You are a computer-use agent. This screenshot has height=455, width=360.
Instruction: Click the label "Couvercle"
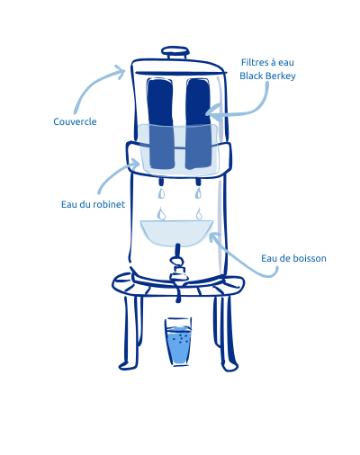[75, 120]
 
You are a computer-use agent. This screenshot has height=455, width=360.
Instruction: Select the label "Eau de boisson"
[293, 258]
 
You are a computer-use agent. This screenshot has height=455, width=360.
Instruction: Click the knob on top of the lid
[175, 52]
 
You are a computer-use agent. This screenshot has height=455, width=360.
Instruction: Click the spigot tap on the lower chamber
[179, 265]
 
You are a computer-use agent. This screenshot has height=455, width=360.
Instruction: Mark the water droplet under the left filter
[160, 213]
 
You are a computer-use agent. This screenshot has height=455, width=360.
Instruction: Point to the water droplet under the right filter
[198, 213]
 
